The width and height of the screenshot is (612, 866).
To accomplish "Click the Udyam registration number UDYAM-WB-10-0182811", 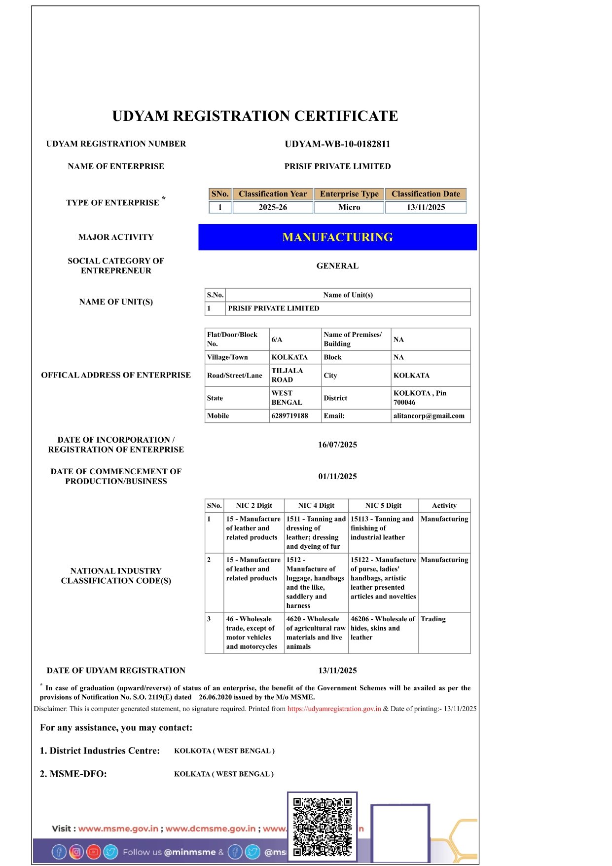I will pyautogui.click(x=337, y=144).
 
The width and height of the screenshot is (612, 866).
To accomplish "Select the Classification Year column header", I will pyautogui.click(x=273, y=194).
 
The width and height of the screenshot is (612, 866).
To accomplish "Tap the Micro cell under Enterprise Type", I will pyautogui.click(x=349, y=207).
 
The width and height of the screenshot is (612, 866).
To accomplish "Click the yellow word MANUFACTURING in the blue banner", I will pyautogui.click(x=337, y=237).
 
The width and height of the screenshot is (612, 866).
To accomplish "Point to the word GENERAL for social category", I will pyautogui.click(x=337, y=266).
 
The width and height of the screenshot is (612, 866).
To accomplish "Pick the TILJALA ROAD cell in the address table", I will pyautogui.click(x=288, y=375).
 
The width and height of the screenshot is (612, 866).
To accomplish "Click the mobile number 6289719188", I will pyautogui.click(x=289, y=416).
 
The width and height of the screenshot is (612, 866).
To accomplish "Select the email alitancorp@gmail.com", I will pyautogui.click(x=429, y=416).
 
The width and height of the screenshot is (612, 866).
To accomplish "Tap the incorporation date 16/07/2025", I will pyautogui.click(x=337, y=445).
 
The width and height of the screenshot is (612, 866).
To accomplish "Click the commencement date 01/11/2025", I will pyautogui.click(x=337, y=477).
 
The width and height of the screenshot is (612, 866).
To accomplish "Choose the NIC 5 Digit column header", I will pyautogui.click(x=383, y=505).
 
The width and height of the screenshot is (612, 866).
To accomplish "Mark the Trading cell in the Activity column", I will pyautogui.click(x=433, y=619).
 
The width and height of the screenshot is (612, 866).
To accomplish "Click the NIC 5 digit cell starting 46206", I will pyautogui.click(x=382, y=628).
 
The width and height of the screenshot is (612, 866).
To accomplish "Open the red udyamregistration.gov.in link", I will pyautogui.click(x=334, y=709).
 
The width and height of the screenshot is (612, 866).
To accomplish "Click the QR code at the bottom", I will pyautogui.click(x=322, y=827).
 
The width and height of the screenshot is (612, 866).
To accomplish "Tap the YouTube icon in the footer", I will pyautogui.click(x=93, y=852).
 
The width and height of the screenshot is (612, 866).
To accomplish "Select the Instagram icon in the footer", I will pyautogui.click(x=76, y=852).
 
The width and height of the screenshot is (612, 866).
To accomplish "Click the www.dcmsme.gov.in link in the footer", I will pyautogui.click(x=211, y=828).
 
